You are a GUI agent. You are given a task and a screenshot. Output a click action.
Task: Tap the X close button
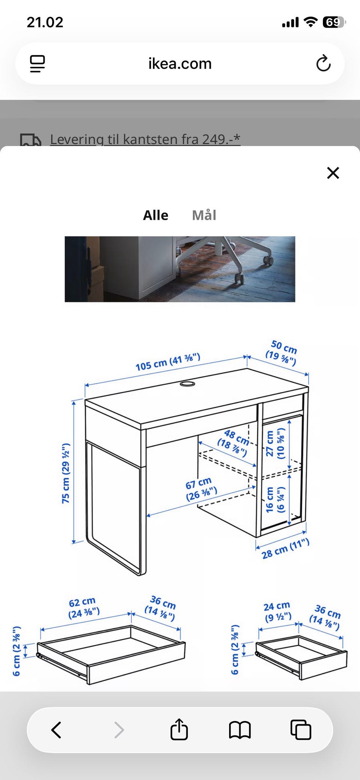coord(333,173)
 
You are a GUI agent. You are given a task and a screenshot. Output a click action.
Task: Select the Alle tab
coord(156,215)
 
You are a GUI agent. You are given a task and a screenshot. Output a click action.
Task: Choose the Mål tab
coord(204,215)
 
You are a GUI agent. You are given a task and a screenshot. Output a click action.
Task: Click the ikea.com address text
coord(180,64)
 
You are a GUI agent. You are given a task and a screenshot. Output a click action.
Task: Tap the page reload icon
coord(323,63)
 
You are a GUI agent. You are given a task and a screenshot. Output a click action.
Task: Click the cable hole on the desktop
coord(187,384)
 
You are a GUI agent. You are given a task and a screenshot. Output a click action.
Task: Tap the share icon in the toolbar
coord(179,729)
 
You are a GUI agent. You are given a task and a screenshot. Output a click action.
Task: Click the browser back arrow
coord(56,730)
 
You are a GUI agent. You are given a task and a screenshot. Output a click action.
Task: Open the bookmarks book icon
coord(240,730)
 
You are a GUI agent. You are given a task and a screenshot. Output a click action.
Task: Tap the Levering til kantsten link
coord(145,139)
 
